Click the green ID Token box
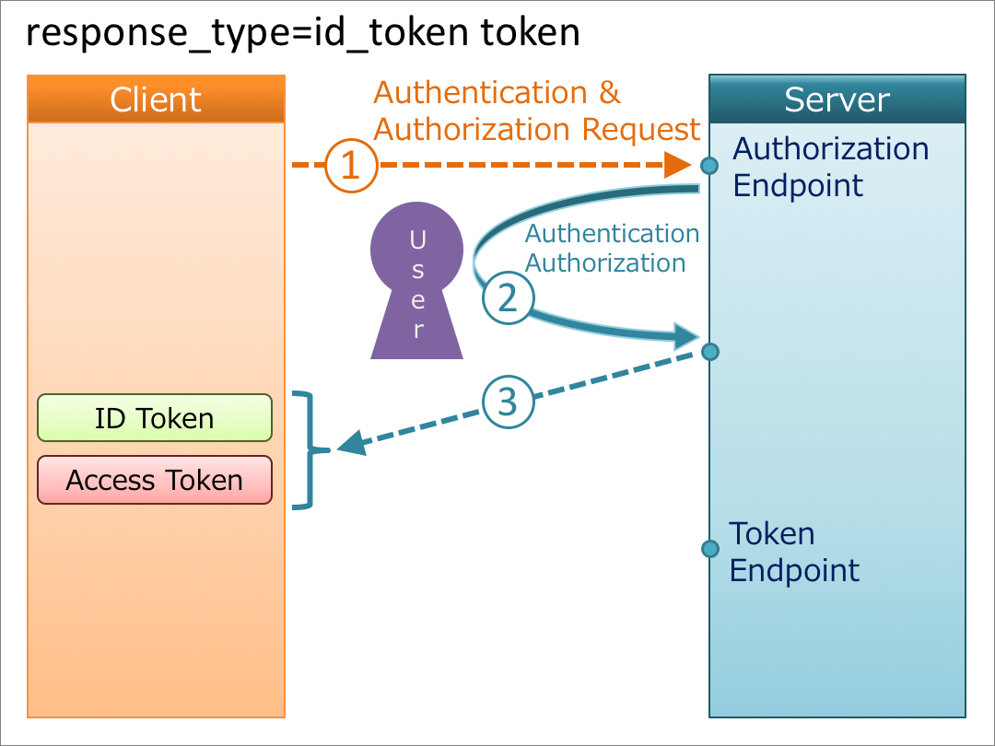point(155,418)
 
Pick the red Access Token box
point(155,480)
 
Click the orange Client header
point(156,99)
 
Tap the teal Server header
point(837,99)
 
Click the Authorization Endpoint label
point(829,167)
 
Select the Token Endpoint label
point(793,552)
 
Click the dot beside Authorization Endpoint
point(709,166)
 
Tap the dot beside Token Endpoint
point(709,549)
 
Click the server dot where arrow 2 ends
point(709,352)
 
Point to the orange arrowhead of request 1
point(680,166)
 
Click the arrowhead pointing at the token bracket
point(350,447)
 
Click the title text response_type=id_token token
point(302,33)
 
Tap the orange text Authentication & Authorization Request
point(536,111)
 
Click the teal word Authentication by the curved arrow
point(612,234)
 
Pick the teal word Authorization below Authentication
point(605,263)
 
